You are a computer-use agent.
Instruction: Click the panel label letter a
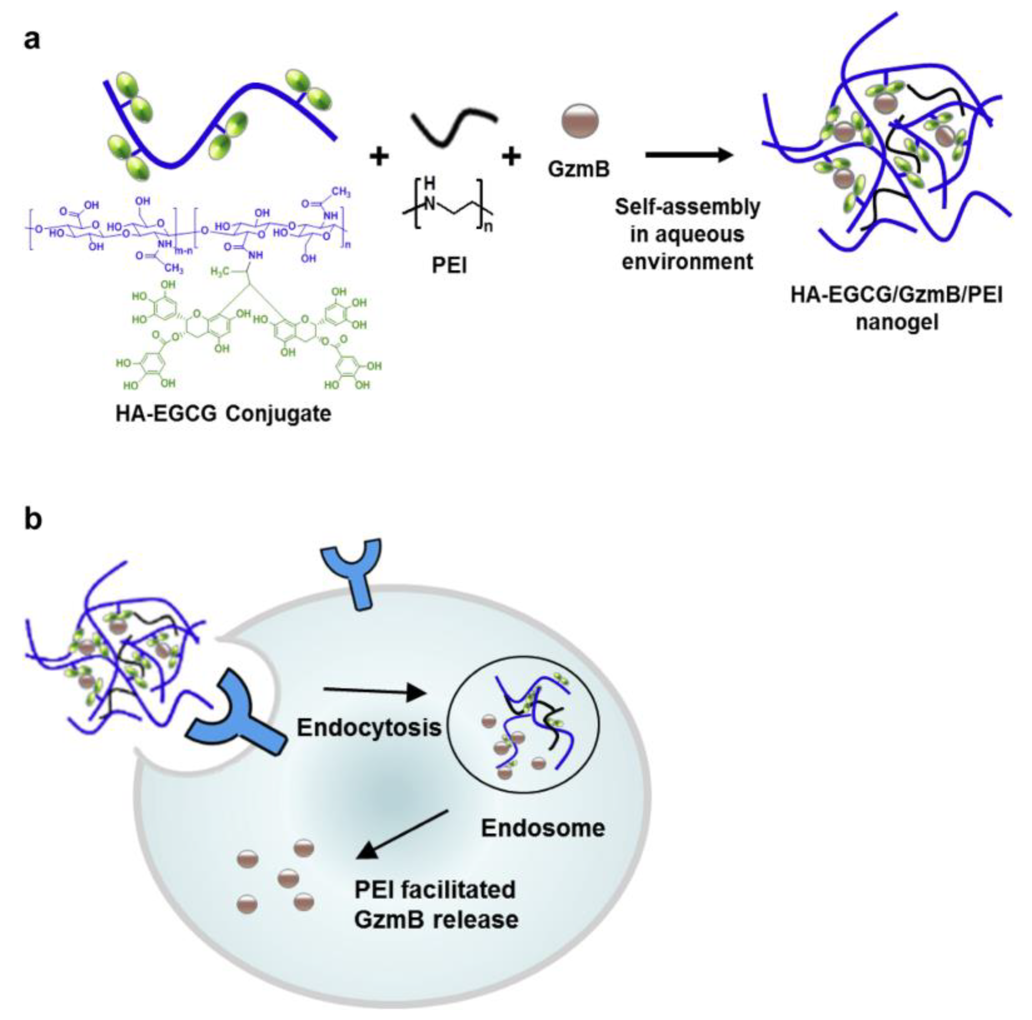(32, 40)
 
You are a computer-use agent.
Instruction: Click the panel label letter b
(33, 519)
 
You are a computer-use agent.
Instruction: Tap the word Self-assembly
(687, 206)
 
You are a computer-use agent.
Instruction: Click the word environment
(687, 262)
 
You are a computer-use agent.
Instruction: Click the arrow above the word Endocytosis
(374, 692)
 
